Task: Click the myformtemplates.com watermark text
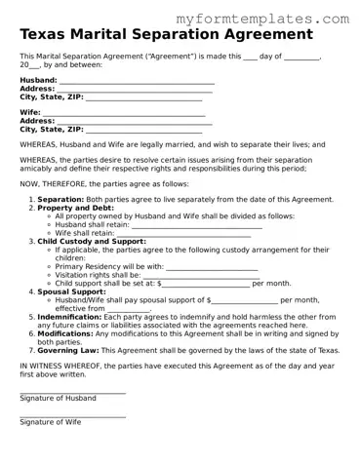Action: (275, 19)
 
